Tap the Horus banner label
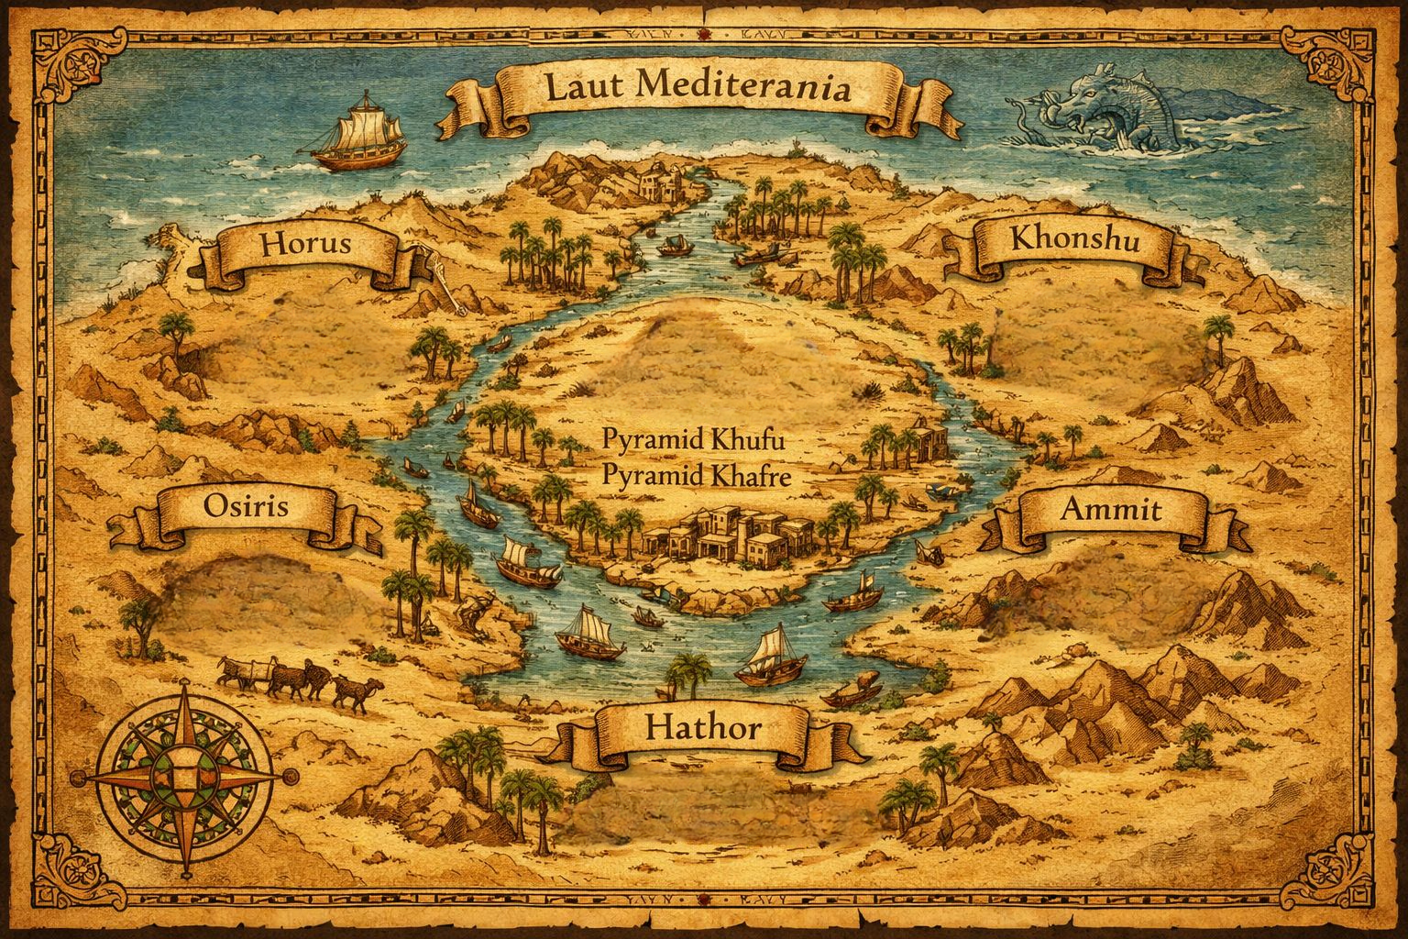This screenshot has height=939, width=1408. (x=306, y=245)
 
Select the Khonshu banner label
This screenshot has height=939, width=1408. (x=1073, y=240)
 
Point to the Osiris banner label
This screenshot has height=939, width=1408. (x=246, y=507)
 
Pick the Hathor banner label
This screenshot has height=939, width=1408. (x=703, y=729)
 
